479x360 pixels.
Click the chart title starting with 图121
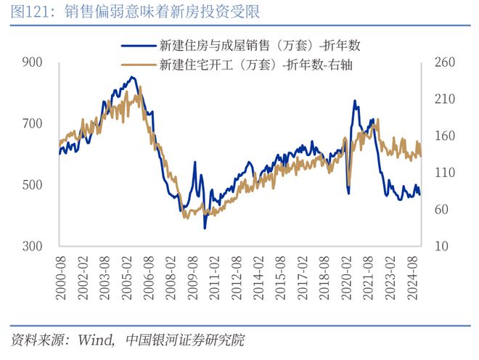click(x=131, y=12)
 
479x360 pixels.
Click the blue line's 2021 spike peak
click(x=354, y=101)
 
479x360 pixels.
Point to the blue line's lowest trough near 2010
click(x=205, y=228)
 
